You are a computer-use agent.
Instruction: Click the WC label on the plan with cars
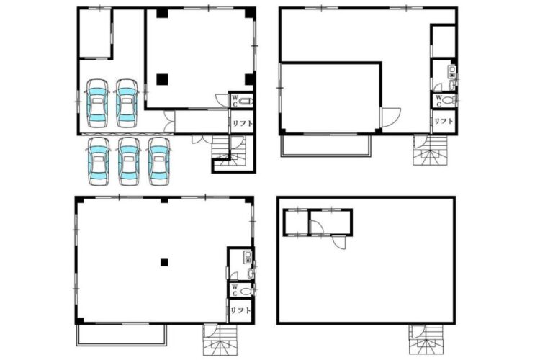(x=235, y=101)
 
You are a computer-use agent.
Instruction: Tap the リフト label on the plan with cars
(x=242, y=123)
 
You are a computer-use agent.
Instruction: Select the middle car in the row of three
(x=128, y=161)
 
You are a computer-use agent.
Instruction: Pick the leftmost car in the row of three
(x=99, y=161)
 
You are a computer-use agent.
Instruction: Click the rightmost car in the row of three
(x=159, y=161)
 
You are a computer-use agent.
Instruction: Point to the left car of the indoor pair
(x=97, y=104)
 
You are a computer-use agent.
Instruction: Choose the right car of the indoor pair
(x=127, y=104)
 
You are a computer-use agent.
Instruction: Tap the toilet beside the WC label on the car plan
(x=246, y=102)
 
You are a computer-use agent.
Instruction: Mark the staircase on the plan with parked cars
(x=229, y=152)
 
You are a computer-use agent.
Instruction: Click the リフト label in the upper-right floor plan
(x=444, y=121)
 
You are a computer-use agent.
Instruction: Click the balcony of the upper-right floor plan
(x=325, y=145)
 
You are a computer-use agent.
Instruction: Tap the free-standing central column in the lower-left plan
(x=164, y=263)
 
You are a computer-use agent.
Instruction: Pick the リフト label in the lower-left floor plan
(x=240, y=310)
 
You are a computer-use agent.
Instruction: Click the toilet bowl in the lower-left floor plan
(x=246, y=291)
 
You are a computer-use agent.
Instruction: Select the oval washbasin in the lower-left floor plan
(x=251, y=274)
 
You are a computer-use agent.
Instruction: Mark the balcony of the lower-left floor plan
(x=122, y=336)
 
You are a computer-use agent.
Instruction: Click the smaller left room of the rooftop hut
(x=296, y=222)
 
